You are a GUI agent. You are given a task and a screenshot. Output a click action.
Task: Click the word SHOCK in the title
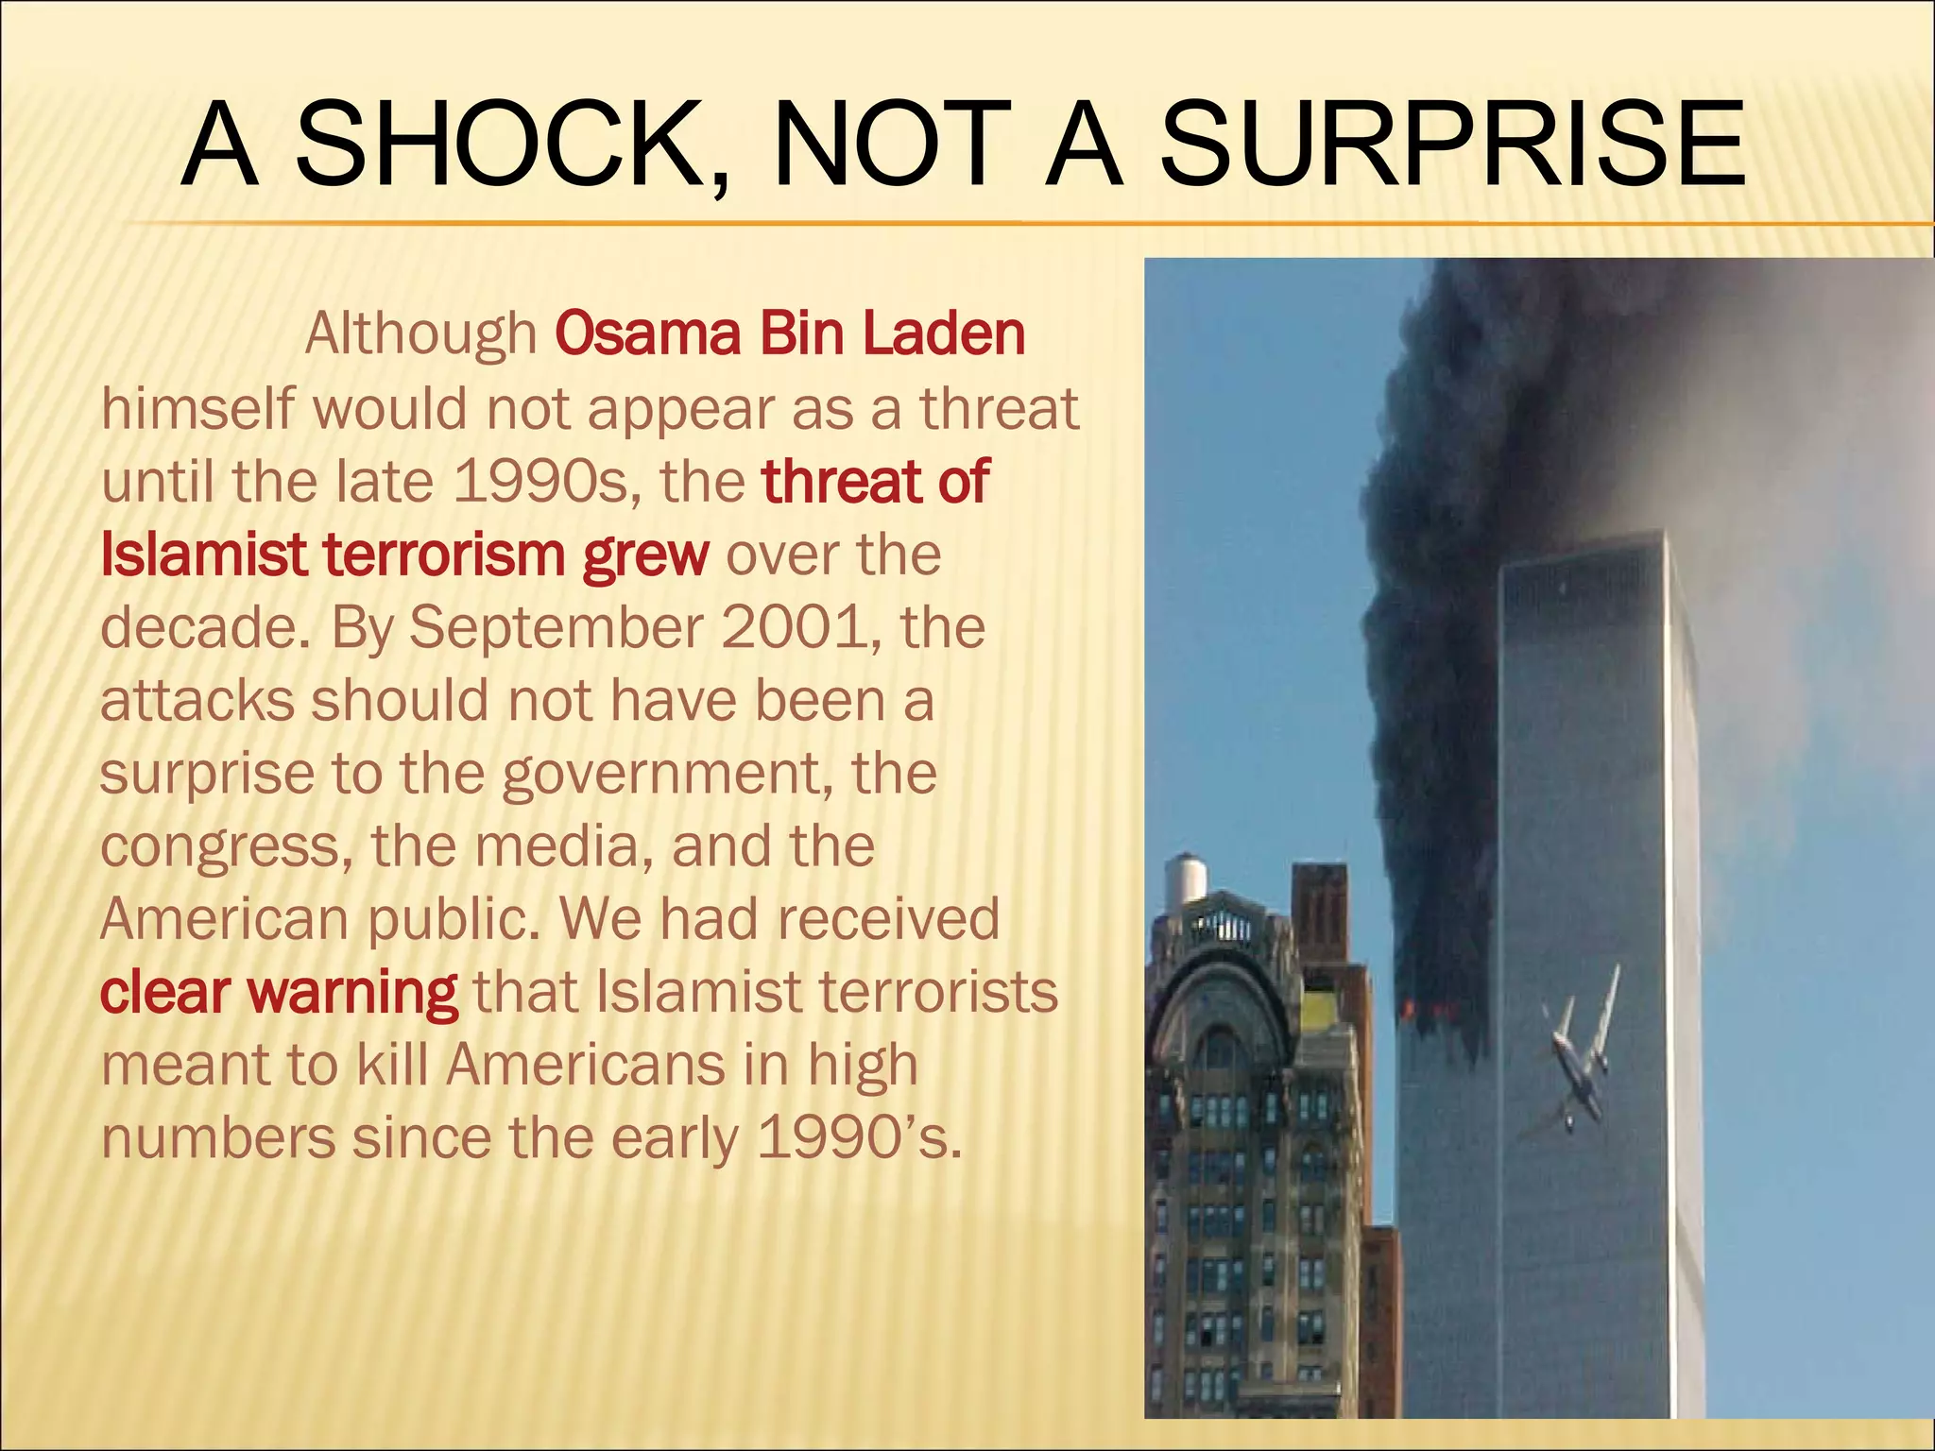(x=511, y=145)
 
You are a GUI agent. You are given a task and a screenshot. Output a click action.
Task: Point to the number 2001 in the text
(x=793, y=626)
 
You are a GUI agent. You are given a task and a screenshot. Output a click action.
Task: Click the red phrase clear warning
(x=279, y=993)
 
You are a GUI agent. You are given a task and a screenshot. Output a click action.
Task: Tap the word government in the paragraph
(x=667, y=775)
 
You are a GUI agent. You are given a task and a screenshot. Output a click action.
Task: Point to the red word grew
(x=644, y=555)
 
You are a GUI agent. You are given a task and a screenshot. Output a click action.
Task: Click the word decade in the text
(x=199, y=626)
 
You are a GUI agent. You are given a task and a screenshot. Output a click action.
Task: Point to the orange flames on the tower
(x=1416, y=1010)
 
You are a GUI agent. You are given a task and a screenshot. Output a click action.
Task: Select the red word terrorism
(x=444, y=555)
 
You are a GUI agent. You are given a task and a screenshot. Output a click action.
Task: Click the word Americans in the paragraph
(x=587, y=1066)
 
